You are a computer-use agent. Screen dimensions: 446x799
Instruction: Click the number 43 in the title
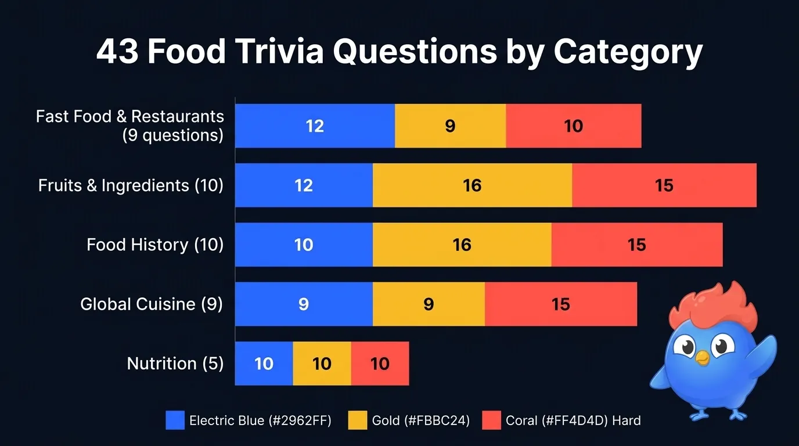click(x=117, y=52)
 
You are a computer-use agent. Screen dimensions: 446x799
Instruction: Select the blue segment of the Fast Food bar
click(x=315, y=126)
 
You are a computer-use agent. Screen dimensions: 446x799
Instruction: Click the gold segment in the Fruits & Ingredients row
click(x=472, y=185)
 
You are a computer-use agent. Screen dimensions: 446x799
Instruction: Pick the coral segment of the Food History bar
click(x=636, y=244)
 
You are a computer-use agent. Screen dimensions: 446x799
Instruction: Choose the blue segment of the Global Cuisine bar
click(x=303, y=304)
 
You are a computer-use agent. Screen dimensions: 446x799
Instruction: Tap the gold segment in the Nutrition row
click(x=322, y=364)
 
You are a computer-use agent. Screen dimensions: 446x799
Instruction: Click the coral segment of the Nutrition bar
click(x=380, y=364)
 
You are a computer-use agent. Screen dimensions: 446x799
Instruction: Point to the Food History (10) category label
click(x=154, y=244)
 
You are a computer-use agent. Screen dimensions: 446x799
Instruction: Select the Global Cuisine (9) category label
click(x=151, y=304)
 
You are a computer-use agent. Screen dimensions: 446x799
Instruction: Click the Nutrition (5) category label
click(x=175, y=364)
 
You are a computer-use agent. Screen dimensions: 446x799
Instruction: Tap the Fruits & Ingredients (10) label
click(x=131, y=185)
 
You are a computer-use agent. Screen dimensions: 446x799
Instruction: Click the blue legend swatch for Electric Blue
click(x=175, y=420)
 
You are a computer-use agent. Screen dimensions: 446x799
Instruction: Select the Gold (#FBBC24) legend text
click(x=420, y=420)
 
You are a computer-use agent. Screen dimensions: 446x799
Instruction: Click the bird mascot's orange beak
click(x=703, y=358)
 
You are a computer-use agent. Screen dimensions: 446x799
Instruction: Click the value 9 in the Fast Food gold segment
click(x=450, y=126)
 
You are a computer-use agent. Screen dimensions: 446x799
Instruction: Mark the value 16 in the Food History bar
click(x=462, y=244)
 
